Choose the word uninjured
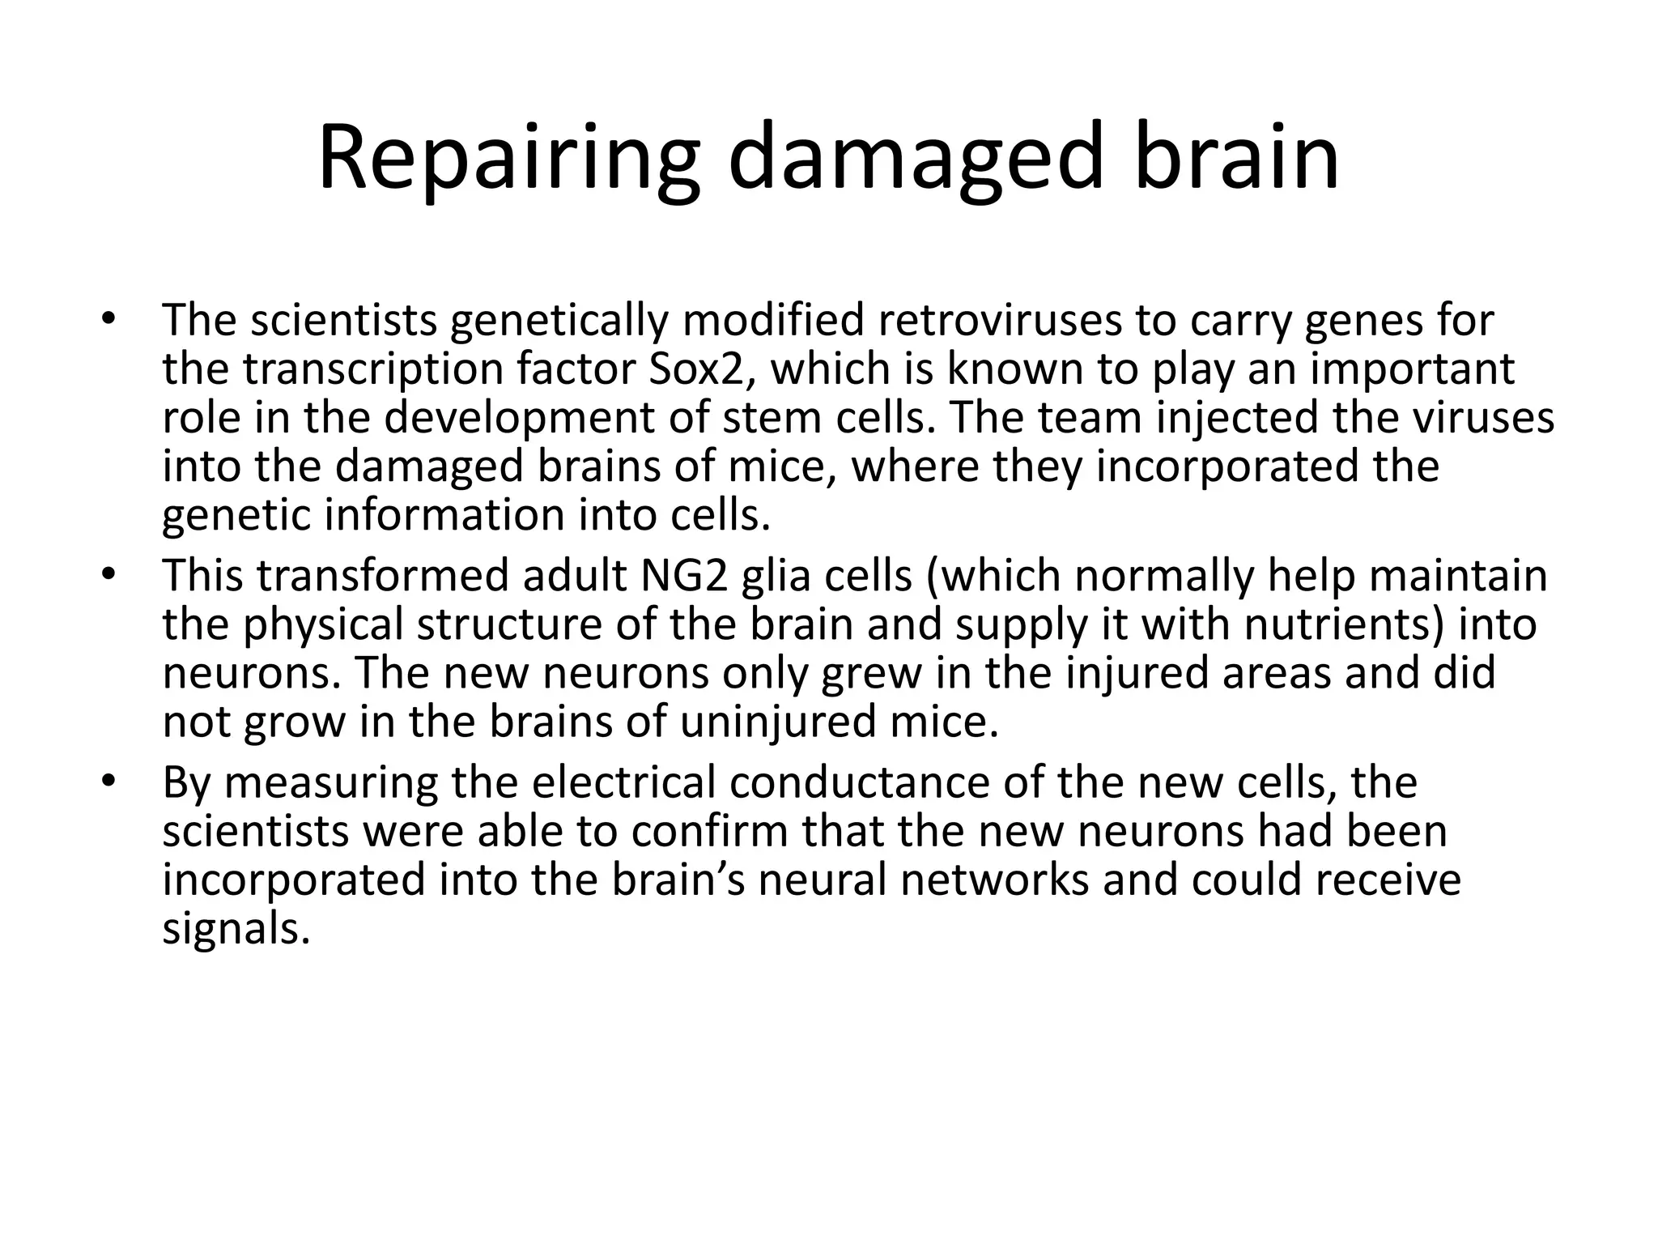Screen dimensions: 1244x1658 pos(778,722)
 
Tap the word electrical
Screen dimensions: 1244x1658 pos(623,782)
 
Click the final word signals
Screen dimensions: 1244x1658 pos(236,929)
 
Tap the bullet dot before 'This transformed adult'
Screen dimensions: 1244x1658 pos(109,574)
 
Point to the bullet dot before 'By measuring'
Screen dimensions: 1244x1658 pos(109,781)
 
